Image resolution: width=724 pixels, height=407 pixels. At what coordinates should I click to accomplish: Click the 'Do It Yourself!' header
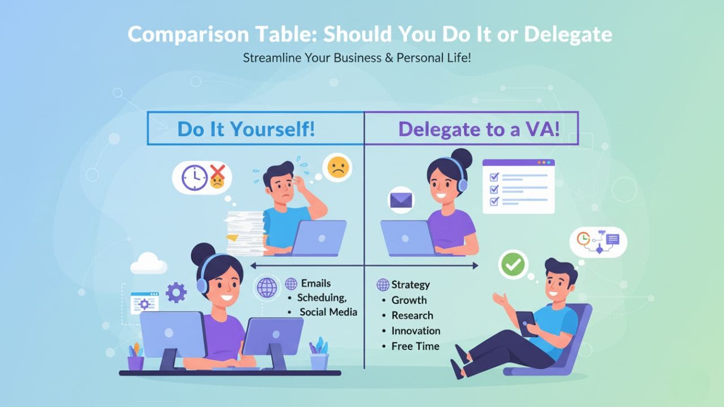click(246, 129)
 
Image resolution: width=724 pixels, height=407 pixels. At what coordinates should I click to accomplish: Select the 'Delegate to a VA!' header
click(479, 129)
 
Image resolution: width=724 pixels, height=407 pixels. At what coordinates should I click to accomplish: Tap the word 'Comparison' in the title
click(188, 34)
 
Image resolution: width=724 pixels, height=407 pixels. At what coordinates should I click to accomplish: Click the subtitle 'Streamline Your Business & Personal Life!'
click(357, 58)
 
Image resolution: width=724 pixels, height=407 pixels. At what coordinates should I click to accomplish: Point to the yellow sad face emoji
click(338, 167)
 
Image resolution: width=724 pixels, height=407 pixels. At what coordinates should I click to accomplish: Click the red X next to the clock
click(218, 172)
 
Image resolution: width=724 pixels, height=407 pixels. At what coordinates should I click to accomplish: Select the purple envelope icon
click(401, 200)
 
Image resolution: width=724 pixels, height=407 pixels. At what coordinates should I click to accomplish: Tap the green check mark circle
click(513, 265)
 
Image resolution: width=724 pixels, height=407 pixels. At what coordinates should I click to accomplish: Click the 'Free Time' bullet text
click(415, 347)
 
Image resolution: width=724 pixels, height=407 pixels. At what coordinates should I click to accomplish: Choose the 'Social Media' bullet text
click(329, 312)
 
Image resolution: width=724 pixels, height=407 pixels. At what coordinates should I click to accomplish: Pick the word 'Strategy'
click(411, 284)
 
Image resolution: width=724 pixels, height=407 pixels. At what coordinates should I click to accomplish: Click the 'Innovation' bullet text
click(416, 331)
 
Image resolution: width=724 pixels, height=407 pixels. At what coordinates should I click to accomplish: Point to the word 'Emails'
click(316, 283)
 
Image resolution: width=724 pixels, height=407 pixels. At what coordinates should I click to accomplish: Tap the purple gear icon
click(176, 293)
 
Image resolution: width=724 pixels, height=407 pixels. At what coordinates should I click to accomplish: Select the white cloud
click(149, 263)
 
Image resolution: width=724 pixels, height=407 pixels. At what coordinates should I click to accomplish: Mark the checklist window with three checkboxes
click(519, 187)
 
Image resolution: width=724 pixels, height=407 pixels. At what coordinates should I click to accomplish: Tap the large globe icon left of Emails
click(267, 287)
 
